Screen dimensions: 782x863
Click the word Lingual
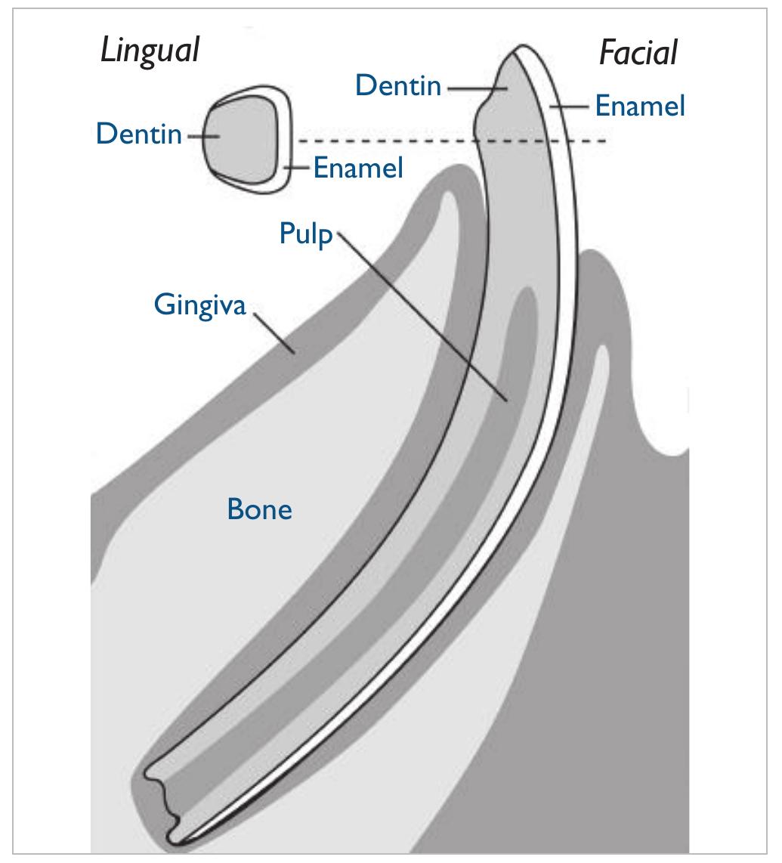click(x=150, y=51)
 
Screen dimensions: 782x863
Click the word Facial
click(x=638, y=53)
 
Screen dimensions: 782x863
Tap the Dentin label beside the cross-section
click(x=139, y=134)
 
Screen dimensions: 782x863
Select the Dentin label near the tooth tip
click(x=398, y=85)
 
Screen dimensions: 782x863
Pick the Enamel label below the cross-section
click(x=358, y=167)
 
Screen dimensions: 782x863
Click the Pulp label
click(x=306, y=234)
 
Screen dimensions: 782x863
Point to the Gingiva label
click(x=199, y=305)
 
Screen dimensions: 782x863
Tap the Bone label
click(x=259, y=509)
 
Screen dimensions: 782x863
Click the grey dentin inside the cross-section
click(x=240, y=138)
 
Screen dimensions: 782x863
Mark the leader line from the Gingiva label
click(x=274, y=332)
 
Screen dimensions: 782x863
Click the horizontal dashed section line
click(x=452, y=141)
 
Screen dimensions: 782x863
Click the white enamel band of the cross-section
click(x=283, y=139)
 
